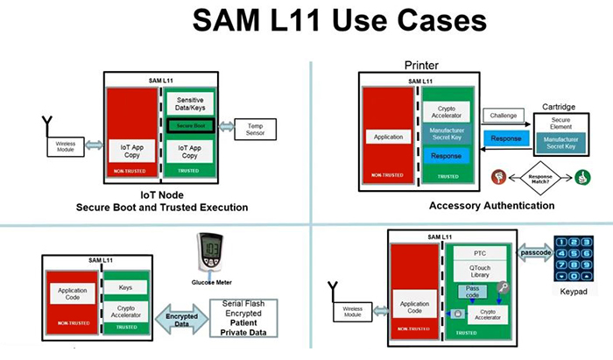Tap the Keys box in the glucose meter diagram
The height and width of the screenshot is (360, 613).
[125, 286]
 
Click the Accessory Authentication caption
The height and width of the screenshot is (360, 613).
[491, 205]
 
